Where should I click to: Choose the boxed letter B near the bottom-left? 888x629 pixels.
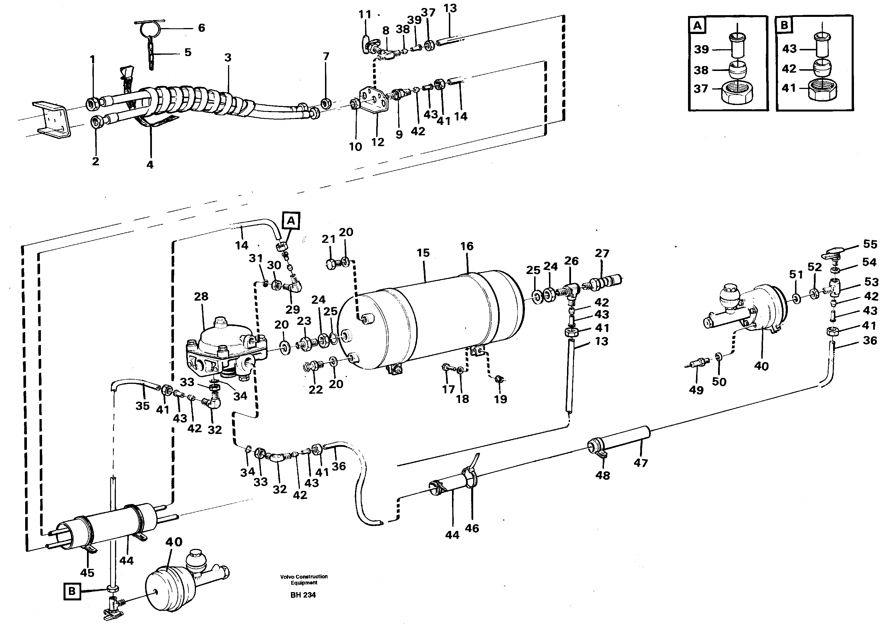coord(72,592)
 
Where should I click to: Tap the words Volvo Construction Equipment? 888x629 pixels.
coord(304,580)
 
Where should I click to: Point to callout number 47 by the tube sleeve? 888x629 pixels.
coord(641,463)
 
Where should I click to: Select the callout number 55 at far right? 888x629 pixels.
coord(870,244)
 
